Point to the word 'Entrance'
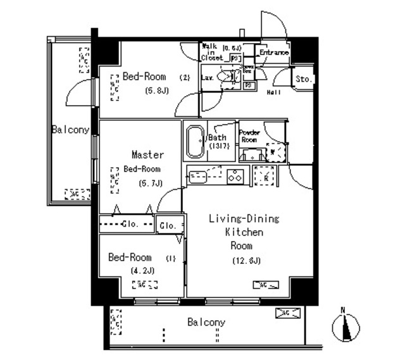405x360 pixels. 273,53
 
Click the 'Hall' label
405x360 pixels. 273,92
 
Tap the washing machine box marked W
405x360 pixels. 273,152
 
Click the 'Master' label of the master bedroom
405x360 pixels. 147,154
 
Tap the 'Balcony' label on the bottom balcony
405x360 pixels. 206,323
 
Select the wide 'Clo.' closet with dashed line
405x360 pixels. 127,223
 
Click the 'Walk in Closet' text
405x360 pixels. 213,52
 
